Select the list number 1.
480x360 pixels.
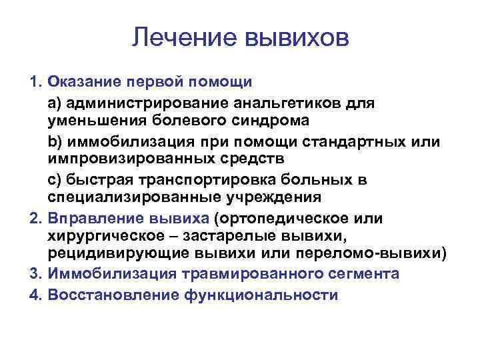click(x=35, y=83)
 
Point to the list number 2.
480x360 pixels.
click(x=35, y=219)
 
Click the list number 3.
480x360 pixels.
click(x=35, y=274)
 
